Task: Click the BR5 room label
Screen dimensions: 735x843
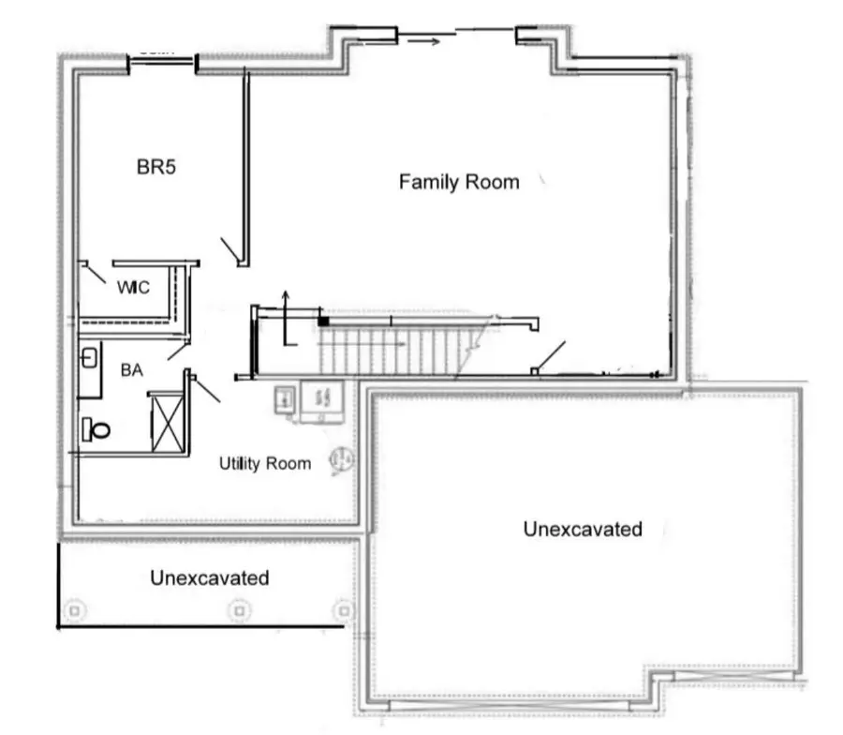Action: tap(157, 168)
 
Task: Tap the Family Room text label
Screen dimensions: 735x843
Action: tap(459, 182)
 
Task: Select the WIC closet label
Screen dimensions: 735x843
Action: tap(133, 287)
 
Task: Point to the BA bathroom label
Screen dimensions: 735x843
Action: tap(131, 370)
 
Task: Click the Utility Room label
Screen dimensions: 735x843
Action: tap(265, 463)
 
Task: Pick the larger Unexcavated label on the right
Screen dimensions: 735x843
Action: tap(583, 529)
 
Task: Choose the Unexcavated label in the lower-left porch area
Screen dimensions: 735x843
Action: tap(209, 577)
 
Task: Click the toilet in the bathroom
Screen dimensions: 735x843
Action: tap(96, 429)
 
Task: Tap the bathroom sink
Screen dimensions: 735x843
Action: tap(88, 358)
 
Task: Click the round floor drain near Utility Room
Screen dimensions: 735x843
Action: tap(342, 460)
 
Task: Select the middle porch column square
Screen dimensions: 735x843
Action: tap(241, 610)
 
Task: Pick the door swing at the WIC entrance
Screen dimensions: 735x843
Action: tap(93, 272)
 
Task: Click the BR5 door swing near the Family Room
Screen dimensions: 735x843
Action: tap(229, 250)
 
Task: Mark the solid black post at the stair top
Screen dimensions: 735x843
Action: tap(323, 322)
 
